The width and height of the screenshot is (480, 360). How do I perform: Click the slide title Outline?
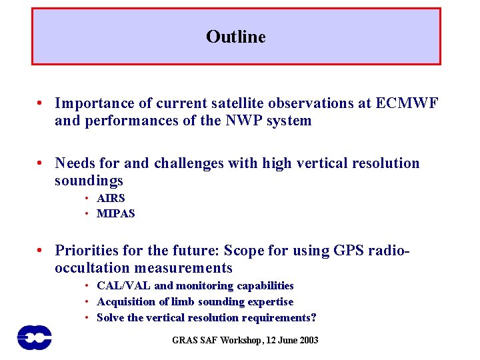point(235,37)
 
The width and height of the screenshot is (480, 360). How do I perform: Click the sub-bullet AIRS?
point(111,198)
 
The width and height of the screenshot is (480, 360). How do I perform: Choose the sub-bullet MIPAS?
point(115,214)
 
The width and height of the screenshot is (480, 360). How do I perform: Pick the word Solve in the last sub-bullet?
point(110,318)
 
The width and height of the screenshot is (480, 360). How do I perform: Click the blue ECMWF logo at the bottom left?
point(34,337)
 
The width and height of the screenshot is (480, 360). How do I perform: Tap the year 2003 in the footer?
point(307,341)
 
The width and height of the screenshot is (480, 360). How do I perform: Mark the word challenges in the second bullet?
point(193,163)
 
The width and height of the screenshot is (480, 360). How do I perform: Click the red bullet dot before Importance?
point(41,104)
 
